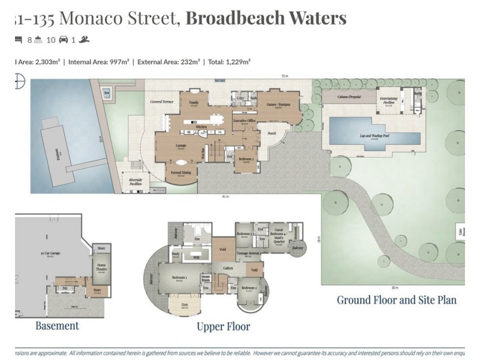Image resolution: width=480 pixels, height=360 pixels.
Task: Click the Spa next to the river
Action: pos(107,93)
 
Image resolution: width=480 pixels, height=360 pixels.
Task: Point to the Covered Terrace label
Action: pos(161,102)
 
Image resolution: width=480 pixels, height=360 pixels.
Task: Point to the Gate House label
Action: pos(461,232)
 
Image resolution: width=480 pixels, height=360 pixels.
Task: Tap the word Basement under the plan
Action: pos(57,326)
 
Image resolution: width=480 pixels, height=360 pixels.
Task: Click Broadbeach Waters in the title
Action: pos(266,18)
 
